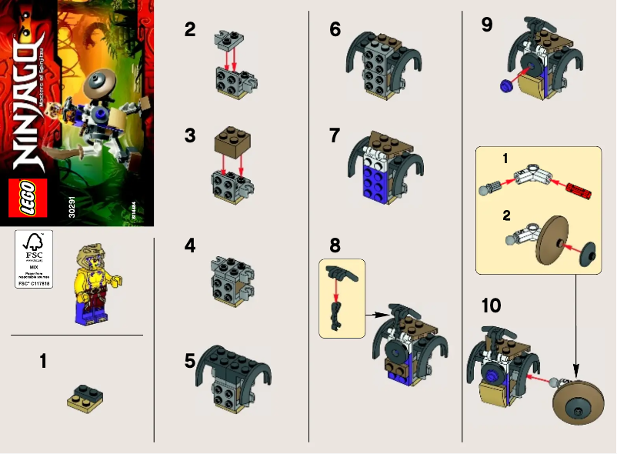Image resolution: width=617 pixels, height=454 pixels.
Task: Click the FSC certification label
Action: tap(32, 259)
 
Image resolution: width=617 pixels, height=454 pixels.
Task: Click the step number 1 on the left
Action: tap(44, 360)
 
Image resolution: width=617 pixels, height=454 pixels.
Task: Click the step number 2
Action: tap(190, 31)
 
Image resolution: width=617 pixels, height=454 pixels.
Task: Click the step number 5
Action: tap(190, 360)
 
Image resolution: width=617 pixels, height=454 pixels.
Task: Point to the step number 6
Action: tap(334, 30)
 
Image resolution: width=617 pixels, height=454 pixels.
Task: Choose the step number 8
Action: tap(334, 246)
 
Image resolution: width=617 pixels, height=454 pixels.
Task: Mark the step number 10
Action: tap(490, 305)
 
